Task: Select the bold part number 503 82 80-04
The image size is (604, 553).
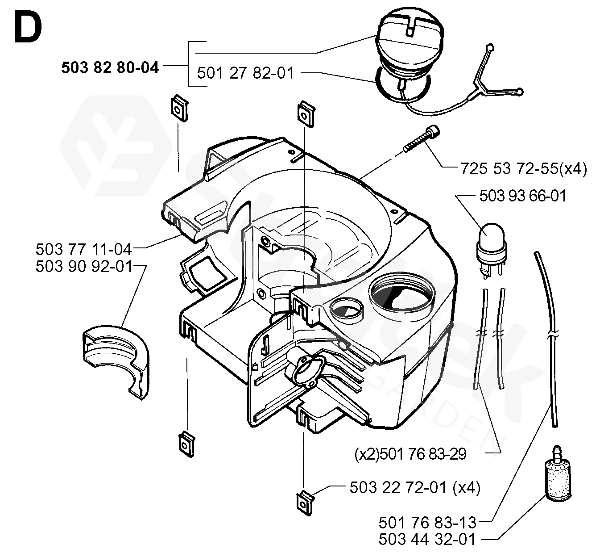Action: pos(110,67)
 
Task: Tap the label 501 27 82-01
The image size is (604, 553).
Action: pos(245,73)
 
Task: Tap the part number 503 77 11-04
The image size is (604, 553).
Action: pos(84,248)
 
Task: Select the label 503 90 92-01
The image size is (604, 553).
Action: pos(84,267)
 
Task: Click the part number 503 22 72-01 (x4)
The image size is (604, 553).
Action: pos(415,488)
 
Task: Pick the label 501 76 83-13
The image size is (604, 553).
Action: pos(427,522)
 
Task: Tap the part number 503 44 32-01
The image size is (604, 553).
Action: pos(427,539)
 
